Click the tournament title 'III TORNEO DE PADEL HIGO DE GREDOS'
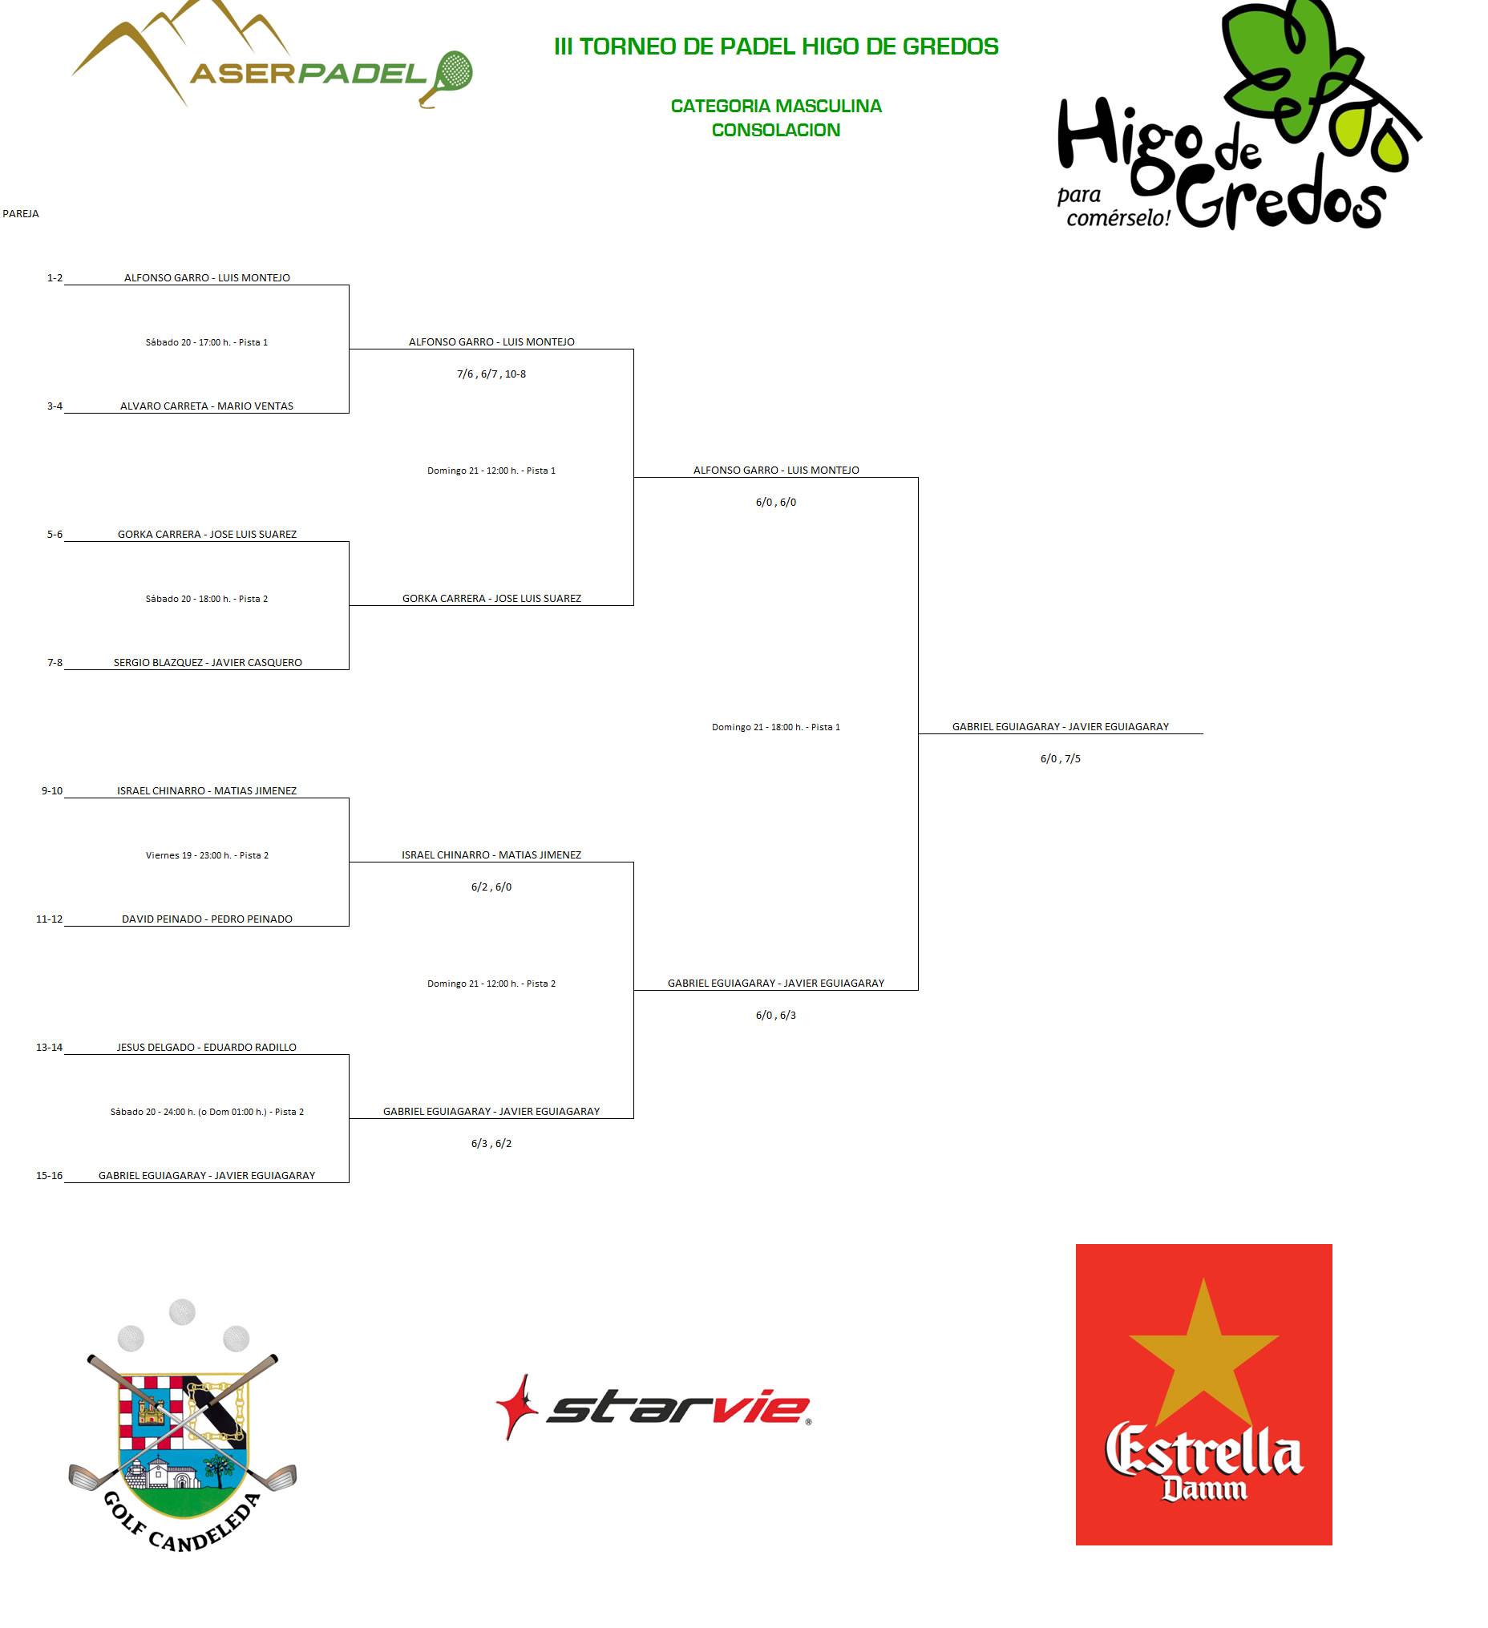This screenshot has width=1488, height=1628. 775,46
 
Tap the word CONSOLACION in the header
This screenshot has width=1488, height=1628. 775,130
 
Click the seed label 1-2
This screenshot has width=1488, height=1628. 55,278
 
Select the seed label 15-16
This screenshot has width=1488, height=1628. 49,1176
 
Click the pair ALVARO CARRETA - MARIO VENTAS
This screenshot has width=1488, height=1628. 207,406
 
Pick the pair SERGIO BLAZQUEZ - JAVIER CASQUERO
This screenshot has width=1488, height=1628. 208,663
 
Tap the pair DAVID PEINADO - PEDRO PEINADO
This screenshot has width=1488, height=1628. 207,919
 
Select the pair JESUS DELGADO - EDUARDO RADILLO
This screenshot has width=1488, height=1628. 207,1048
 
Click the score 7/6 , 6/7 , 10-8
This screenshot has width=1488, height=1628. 491,374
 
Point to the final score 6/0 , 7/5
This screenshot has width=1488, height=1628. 1060,759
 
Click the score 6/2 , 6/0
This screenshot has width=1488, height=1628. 491,887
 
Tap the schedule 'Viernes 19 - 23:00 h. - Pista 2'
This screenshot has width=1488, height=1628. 207,855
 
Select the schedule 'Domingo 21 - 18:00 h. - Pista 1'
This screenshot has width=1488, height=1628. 775,728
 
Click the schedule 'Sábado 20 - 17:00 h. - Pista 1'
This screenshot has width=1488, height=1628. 207,342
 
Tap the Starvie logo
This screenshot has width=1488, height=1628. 653,1408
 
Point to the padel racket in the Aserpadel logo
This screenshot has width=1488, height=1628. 447,78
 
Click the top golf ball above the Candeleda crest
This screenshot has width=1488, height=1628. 182,1312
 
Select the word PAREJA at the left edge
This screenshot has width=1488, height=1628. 21,214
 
